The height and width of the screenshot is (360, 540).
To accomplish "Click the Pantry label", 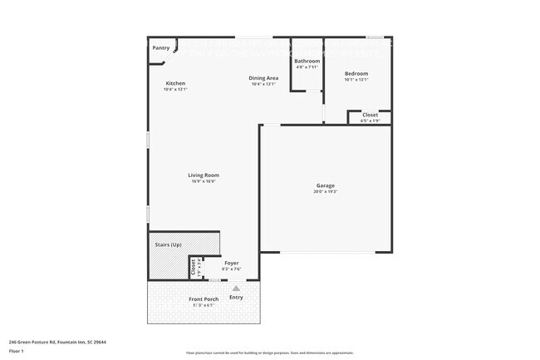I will [x=160, y=47].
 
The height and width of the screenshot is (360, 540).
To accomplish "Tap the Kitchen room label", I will [x=175, y=83].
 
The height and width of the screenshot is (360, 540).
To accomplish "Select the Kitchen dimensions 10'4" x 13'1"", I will [x=175, y=89].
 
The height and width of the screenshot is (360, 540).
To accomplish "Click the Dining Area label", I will [x=263, y=78].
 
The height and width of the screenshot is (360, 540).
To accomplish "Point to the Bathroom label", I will [x=307, y=61].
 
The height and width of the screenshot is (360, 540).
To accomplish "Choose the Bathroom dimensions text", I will [x=307, y=67].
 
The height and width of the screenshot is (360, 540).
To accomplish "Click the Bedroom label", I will [x=356, y=74].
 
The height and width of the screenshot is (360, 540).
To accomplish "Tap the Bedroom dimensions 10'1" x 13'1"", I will [x=356, y=80].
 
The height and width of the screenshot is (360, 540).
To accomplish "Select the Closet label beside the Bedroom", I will [x=370, y=115].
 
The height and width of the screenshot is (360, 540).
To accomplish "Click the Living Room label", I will [x=204, y=175].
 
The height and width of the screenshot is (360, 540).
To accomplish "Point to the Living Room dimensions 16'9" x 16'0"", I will [x=204, y=180].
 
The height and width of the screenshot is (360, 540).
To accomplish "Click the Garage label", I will [x=325, y=185].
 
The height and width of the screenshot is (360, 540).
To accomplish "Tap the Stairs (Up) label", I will [x=169, y=245].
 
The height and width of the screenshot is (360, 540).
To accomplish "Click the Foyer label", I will [x=231, y=263].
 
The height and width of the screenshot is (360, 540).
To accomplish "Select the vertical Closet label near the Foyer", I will [x=193, y=266].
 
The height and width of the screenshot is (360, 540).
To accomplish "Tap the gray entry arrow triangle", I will [x=235, y=288].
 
